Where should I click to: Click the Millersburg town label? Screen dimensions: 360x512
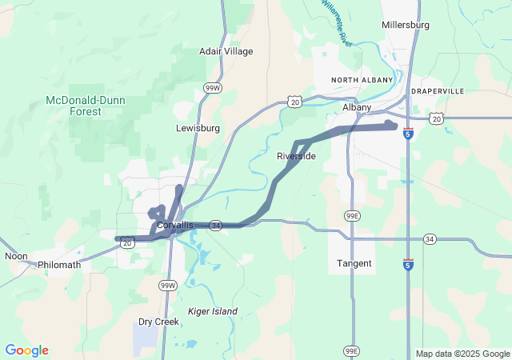[x=406, y=25]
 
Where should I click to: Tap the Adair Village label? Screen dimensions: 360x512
[x=226, y=51]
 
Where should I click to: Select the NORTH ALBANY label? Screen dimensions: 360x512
[x=362, y=80]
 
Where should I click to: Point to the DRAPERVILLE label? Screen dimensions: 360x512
[x=437, y=91]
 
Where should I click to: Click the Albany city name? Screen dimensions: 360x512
[x=357, y=107]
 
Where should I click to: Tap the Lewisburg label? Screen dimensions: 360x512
[x=198, y=128]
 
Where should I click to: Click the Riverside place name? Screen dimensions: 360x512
[x=297, y=156]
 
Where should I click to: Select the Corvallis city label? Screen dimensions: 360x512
[x=175, y=226]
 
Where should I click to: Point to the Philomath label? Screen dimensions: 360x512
[x=59, y=264]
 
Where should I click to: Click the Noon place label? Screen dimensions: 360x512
[x=16, y=256]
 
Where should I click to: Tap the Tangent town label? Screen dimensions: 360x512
[x=354, y=263]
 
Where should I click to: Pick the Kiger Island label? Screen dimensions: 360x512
[x=212, y=310]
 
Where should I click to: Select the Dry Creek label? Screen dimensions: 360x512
[x=158, y=322]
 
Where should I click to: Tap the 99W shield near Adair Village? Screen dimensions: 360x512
[x=212, y=88]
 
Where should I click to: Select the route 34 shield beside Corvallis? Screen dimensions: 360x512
[x=215, y=226]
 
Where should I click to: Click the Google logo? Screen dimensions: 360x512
[x=26, y=350]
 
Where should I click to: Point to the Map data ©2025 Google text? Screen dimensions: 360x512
[x=462, y=354]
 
